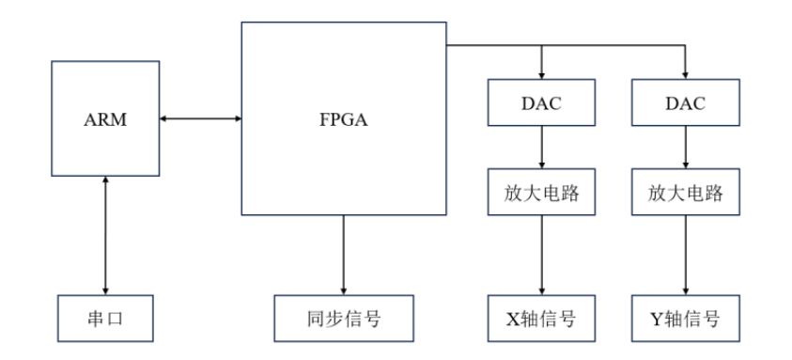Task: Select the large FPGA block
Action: coord(343,119)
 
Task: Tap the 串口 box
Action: coord(104,318)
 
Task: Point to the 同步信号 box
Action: coord(343,318)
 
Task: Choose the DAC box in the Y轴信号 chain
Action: coord(686,102)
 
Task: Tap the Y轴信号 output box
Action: coord(686,318)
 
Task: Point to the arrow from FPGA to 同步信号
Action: coord(343,254)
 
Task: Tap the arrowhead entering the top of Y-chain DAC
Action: coord(686,74)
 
